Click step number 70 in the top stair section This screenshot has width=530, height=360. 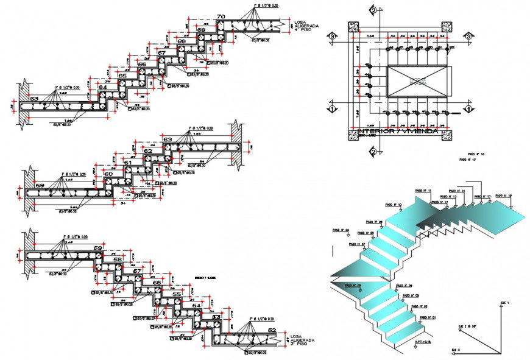click(221, 16)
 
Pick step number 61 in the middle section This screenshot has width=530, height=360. click(127, 163)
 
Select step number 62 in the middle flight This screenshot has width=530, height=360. click(147, 150)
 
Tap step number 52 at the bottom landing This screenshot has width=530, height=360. click(272, 331)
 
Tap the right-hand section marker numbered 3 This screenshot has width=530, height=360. click(468, 37)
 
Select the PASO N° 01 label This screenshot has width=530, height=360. click(427, 317)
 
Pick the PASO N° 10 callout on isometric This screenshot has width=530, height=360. click(391, 205)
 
